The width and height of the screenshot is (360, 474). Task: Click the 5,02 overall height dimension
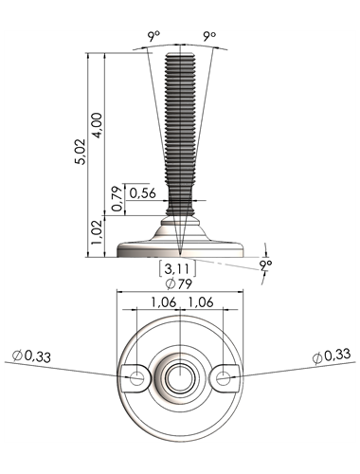(x=81, y=151)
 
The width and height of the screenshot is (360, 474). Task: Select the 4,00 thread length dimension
(x=97, y=125)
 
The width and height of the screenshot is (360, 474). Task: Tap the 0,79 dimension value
(x=117, y=199)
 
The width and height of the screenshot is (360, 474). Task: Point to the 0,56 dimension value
(x=143, y=192)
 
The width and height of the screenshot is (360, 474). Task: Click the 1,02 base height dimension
(x=97, y=232)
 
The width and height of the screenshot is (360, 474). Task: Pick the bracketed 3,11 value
(x=178, y=268)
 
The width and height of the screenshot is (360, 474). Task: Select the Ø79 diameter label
(x=179, y=284)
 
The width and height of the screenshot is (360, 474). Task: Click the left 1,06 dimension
(x=163, y=302)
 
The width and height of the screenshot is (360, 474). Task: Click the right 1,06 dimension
(x=201, y=302)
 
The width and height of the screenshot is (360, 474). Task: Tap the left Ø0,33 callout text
(x=31, y=356)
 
